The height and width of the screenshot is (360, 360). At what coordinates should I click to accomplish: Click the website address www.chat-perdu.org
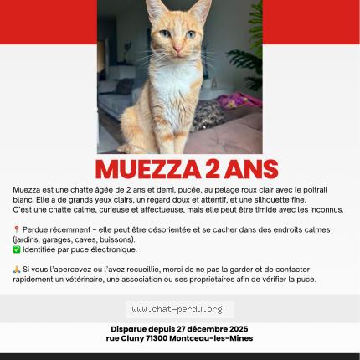coord(177,309)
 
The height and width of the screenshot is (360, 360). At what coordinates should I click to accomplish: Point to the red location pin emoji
coord(17,229)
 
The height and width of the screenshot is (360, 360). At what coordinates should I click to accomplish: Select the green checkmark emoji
coord(17,249)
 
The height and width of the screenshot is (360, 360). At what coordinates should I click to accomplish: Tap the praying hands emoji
coord(17,269)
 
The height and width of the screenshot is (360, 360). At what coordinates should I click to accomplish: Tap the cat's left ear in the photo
coord(155,11)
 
